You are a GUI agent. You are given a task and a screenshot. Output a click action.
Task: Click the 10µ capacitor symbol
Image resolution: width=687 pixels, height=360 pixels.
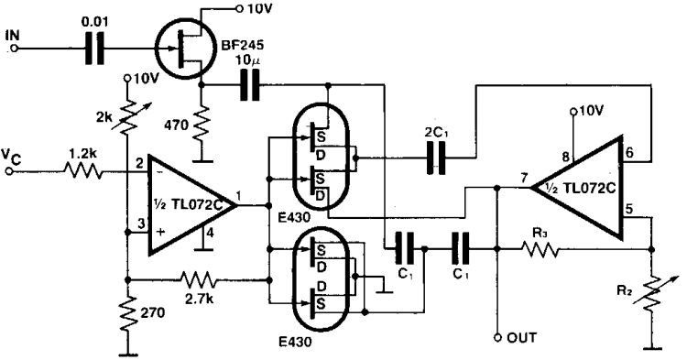click(x=246, y=87)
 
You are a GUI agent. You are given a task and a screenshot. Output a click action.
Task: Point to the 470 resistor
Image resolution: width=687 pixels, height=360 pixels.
click(x=201, y=118)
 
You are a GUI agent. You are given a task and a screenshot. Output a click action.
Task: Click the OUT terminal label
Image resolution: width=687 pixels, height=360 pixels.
click(x=525, y=338)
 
